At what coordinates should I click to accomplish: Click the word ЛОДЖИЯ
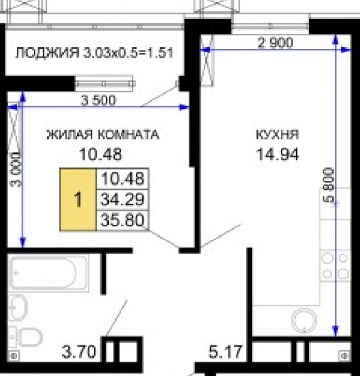[47, 53]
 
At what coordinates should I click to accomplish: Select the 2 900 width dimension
[275, 43]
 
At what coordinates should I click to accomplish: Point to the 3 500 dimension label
[98, 100]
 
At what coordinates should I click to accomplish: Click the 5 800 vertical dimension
[329, 185]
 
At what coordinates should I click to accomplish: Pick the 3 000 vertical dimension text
[16, 169]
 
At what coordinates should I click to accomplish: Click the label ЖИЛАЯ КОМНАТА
[102, 135]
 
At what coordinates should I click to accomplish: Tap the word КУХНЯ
[278, 135]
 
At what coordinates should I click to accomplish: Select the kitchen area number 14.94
[278, 154]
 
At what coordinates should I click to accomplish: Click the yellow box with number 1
[78, 199]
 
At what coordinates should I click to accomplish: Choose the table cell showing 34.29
[122, 199]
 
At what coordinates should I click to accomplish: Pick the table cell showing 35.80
[122, 221]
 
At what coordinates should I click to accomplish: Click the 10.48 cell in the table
[122, 179]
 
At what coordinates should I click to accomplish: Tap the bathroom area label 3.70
[79, 352]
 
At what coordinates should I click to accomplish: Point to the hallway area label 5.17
[225, 352]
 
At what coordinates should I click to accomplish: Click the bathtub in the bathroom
[48, 273]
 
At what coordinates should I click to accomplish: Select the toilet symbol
[26, 336]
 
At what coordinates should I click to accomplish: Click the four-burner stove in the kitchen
[336, 266]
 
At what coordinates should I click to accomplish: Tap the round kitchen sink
[304, 320]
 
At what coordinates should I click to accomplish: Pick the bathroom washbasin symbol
[18, 308]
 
